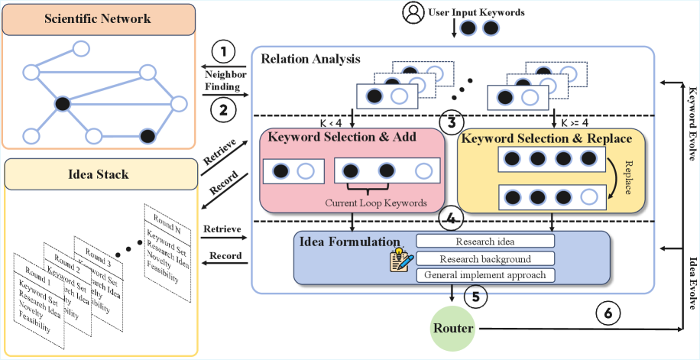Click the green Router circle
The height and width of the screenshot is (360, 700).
click(453, 329)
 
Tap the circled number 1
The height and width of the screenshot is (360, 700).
click(223, 53)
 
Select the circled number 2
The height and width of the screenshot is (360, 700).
click(223, 109)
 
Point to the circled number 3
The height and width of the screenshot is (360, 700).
click(452, 120)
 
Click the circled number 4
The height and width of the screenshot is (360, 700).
click(452, 217)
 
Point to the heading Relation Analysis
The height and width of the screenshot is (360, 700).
click(311, 58)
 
